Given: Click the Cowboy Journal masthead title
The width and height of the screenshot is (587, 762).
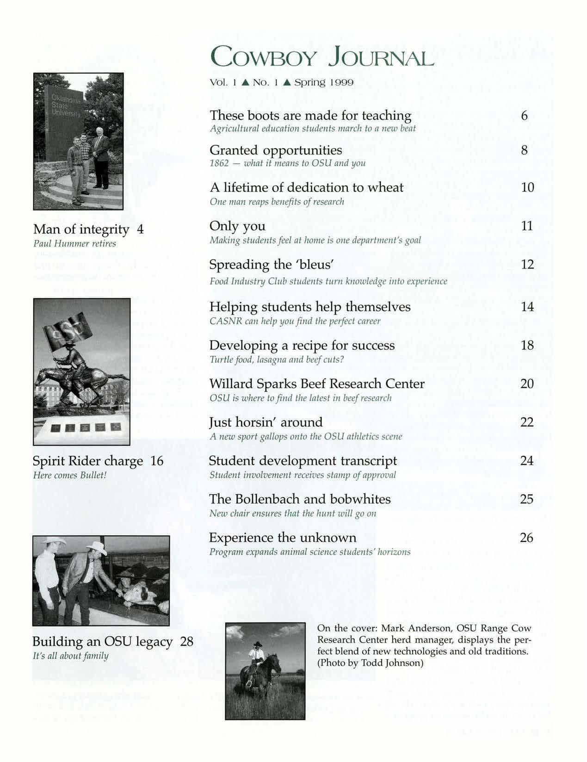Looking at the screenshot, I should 321,59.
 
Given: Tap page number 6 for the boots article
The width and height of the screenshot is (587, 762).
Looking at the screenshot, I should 524,115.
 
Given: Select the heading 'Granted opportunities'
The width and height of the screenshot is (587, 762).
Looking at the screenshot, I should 276,150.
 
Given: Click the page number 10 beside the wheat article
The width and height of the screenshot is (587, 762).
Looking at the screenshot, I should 527,187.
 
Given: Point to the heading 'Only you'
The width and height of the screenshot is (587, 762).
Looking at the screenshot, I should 237,226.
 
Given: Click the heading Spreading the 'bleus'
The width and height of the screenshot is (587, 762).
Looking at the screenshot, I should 272,265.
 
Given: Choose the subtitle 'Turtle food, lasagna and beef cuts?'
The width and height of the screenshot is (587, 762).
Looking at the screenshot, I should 276,359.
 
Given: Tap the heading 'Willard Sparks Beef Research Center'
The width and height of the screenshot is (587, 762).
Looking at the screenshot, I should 317,384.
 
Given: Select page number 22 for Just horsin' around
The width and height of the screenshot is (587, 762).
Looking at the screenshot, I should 527,422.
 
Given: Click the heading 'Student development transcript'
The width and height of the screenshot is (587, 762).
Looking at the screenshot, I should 303,461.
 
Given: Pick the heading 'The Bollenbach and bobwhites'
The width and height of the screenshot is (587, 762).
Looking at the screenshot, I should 300,499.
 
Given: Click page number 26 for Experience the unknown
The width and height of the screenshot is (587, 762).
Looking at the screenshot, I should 527,538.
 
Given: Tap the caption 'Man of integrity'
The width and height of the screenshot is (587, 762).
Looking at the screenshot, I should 81,229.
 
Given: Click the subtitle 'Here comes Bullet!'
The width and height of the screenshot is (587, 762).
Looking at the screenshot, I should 70,475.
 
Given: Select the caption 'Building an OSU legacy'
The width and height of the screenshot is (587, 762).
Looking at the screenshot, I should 102,642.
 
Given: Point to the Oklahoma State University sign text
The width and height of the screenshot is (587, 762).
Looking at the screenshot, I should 63,106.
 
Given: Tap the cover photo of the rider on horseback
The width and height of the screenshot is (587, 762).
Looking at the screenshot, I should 265,671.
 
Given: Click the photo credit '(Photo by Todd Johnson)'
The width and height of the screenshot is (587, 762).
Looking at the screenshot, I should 370,663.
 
